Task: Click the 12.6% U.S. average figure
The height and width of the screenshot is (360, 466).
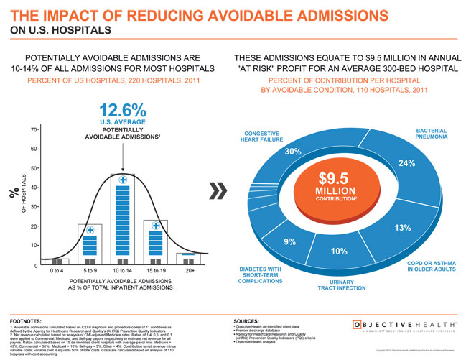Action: click(x=123, y=111)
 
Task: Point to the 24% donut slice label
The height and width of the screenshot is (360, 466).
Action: click(x=407, y=163)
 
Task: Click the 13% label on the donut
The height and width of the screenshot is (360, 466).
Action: click(x=402, y=228)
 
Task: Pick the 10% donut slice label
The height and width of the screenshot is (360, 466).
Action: click(x=339, y=251)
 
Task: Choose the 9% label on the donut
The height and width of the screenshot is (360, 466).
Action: click(x=291, y=241)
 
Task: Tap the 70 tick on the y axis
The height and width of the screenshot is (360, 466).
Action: click(x=33, y=130)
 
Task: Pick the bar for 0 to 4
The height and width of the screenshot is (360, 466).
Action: click(x=56, y=261)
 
